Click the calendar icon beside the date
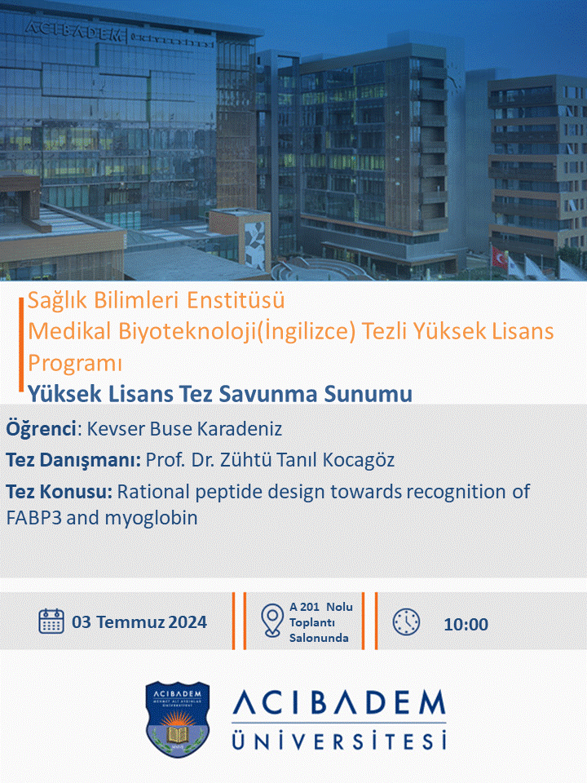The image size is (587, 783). click(51, 622)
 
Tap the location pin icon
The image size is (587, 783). click(272, 621)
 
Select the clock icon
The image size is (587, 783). click(406, 622)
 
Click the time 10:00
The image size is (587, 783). click(466, 624)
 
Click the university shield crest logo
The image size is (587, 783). click(177, 719)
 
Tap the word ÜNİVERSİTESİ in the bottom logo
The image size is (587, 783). click(339, 739)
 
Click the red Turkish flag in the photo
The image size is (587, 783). click(500, 256)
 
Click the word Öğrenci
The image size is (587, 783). click(41, 429)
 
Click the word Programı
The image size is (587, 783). click(75, 364)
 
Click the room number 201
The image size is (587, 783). click(310, 607)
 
